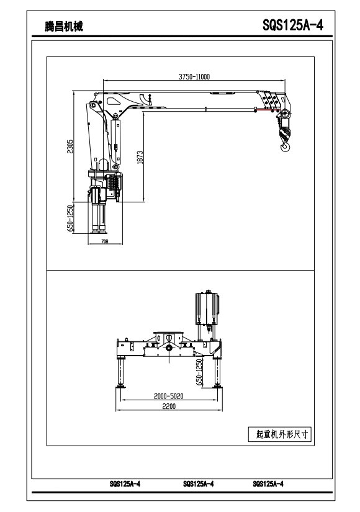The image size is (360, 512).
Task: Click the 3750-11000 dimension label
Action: pyautogui.click(x=194, y=77)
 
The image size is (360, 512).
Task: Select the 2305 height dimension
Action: pyautogui.click(x=70, y=146)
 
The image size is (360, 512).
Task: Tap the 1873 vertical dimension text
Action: pyautogui.click(x=140, y=158)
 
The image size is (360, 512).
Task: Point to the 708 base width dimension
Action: pyautogui.click(x=104, y=241)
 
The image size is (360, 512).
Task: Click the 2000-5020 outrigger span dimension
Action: pyautogui.click(x=169, y=396)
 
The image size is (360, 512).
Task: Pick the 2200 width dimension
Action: pyautogui.click(x=169, y=406)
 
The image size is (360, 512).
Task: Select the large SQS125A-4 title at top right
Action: pyautogui.click(x=293, y=25)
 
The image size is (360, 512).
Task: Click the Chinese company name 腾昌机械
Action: pyautogui.click(x=64, y=26)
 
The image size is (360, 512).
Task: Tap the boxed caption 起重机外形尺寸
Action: pyautogui.click(x=280, y=434)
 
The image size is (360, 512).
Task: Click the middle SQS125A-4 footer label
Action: pyautogui.click(x=198, y=484)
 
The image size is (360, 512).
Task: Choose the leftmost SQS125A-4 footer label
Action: pyautogui.click(x=125, y=484)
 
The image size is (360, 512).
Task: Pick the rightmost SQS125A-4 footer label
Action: pyautogui.click(x=268, y=484)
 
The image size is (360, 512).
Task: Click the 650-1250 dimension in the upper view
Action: pyautogui.click(x=70, y=218)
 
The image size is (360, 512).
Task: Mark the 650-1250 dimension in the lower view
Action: pyautogui.click(x=199, y=372)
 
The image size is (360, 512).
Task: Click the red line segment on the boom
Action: pyautogui.click(x=266, y=110)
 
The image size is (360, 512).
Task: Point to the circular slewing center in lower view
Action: pyautogui.click(x=169, y=348)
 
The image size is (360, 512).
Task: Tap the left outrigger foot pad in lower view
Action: pyautogui.click(x=121, y=387)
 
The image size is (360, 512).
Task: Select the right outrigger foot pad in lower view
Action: pyautogui.click(x=217, y=387)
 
